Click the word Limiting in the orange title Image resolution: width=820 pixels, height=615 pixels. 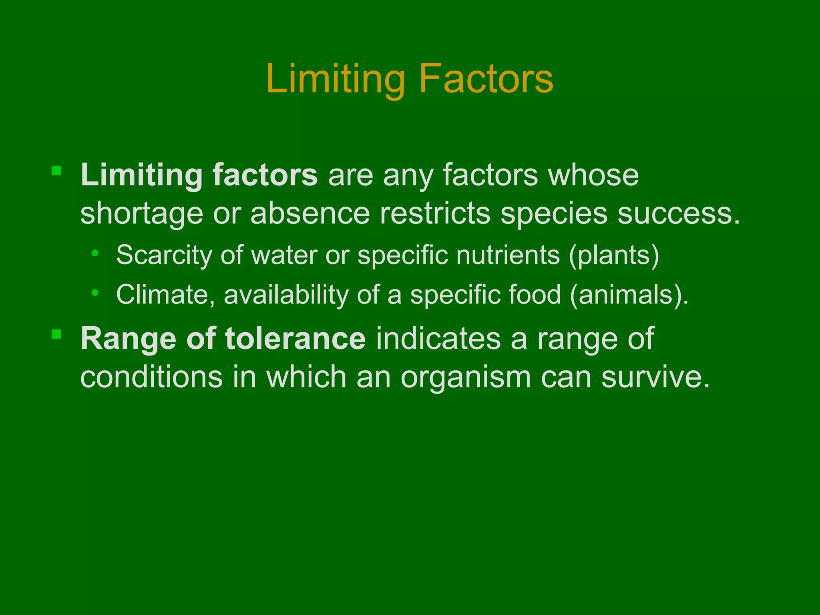pos(336,79)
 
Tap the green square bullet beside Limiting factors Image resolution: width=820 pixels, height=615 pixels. pos(56,171)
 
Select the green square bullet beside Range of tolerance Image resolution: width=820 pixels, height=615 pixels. pos(56,334)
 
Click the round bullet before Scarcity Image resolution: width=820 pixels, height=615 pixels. pos(95,253)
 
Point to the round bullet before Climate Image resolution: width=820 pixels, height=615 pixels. pos(95,293)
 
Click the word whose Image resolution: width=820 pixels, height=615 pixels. pos(593,175)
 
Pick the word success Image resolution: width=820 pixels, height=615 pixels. pos(678,213)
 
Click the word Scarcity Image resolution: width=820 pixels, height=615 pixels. pos(164,255)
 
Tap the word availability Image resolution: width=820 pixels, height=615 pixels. pos(286,295)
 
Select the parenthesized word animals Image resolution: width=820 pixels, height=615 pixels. pos(628,295)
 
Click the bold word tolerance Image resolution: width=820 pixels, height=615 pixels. pos(295,339)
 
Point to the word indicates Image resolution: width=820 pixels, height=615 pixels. pos(438,339)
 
